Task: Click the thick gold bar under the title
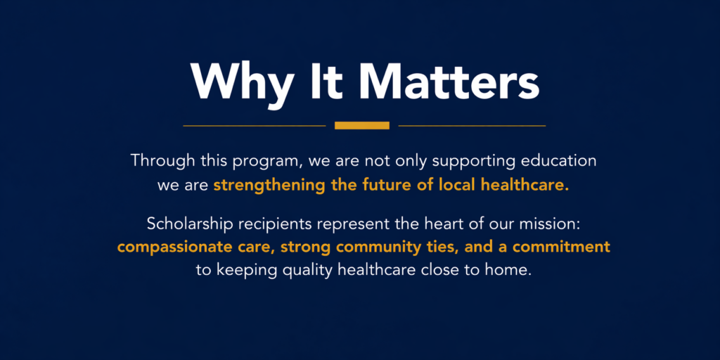click(362, 125)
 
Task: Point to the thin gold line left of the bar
click(255, 125)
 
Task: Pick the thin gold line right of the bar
click(472, 125)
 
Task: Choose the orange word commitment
click(562, 247)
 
